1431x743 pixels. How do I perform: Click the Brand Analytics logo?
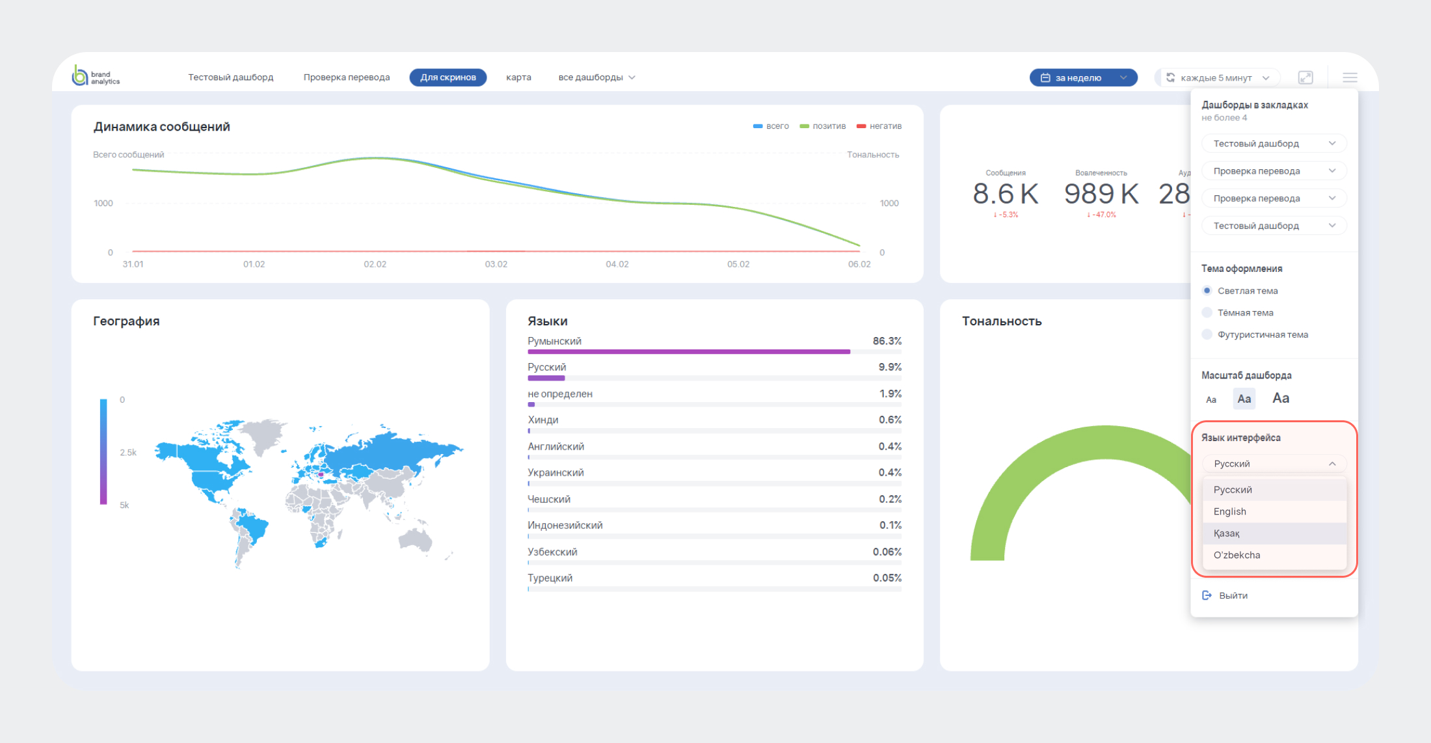pos(95,77)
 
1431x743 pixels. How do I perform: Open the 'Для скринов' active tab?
pos(448,77)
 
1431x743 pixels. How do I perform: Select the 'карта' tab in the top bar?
pos(518,77)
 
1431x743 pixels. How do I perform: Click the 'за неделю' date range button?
pos(1083,77)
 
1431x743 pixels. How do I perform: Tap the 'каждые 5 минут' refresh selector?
pos(1217,77)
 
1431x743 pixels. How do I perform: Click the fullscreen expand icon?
pos(1305,77)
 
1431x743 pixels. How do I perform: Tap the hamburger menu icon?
pos(1350,77)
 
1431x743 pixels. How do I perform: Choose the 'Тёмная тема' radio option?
pos(1207,313)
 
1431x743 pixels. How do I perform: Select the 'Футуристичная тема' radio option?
pos(1207,334)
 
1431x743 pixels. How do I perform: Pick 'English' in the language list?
pos(1229,511)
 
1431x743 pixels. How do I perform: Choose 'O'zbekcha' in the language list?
pos(1237,555)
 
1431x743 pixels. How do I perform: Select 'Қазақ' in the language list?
pos(1226,534)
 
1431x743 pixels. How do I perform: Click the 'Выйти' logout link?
pos(1233,595)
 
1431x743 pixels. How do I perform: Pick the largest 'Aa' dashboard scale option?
pos(1280,398)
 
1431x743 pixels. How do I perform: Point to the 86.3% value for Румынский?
pos(887,341)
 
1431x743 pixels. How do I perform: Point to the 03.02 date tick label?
pos(496,264)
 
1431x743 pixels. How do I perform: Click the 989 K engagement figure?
pos(1101,194)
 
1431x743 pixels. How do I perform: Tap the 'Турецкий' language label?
pos(550,578)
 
